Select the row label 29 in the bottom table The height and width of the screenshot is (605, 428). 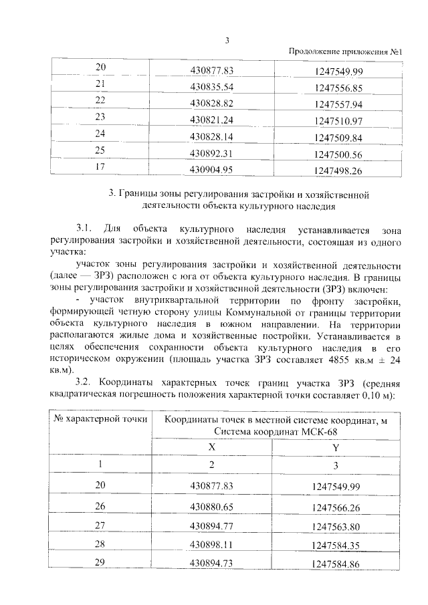101,562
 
